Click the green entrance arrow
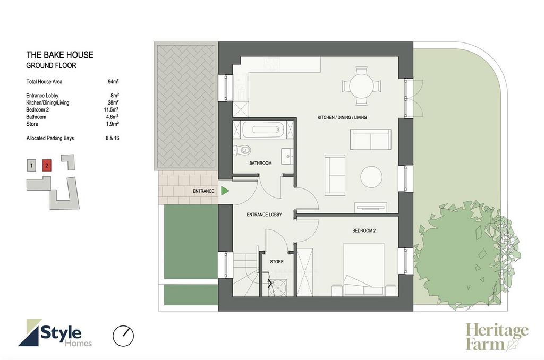tap(225, 191)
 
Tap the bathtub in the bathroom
tap(263, 130)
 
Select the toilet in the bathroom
tap(242, 150)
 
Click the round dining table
tap(361, 85)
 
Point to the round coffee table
tap(371, 177)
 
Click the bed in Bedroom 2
tap(363, 270)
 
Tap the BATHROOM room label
tap(260, 163)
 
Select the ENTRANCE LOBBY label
tap(264, 215)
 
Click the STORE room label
tap(276, 262)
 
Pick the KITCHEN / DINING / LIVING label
tap(342, 117)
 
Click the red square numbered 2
tap(47, 166)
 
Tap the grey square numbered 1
tap(31, 166)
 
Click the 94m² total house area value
tap(113, 82)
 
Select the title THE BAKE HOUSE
tap(59, 55)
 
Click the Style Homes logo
tap(55, 333)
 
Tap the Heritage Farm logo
tap(497, 337)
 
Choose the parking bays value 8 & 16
tap(113, 138)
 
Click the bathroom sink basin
tap(287, 157)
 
